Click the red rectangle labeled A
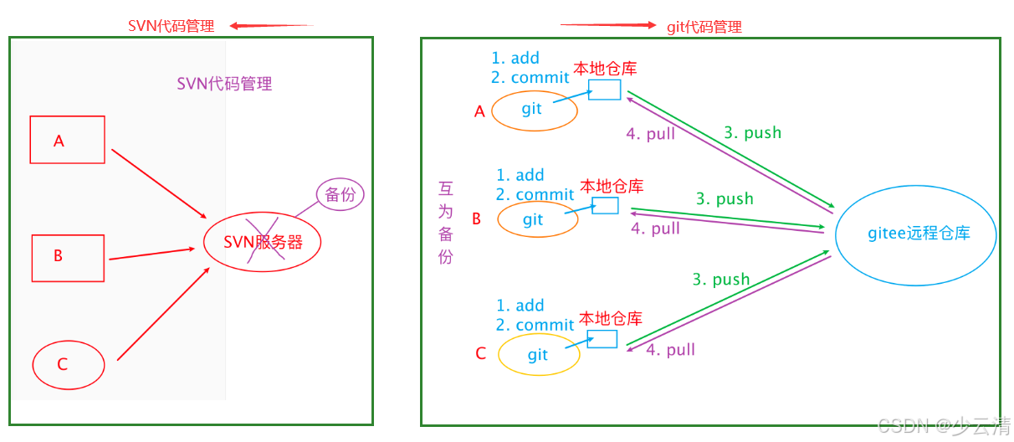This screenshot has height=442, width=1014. tap(67, 140)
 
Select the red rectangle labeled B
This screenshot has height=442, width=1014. tap(68, 258)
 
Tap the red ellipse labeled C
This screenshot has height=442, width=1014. tap(68, 365)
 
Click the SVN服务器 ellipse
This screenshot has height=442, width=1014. tap(262, 243)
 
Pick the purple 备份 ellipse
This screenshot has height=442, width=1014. tap(341, 195)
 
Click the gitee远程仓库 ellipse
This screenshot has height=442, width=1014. tap(916, 234)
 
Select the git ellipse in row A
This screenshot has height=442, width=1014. tap(535, 110)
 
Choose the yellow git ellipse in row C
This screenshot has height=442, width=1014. tap(539, 355)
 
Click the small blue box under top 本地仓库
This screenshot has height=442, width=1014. tap(604, 90)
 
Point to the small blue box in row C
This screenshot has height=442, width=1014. tap(602, 339)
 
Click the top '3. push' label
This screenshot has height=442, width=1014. tap(752, 132)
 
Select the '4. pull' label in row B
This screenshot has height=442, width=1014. tap(655, 229)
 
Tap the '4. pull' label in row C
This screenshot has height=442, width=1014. tap(670, 350)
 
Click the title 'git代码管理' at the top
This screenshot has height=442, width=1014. tap(704, 27)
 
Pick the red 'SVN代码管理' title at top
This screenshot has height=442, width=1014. tap(171, 26)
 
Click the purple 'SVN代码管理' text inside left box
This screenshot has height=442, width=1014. tap(224, 84)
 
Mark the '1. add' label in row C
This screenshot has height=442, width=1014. tap(520, 306)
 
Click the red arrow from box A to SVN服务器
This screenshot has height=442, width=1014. tap(159, 182)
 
